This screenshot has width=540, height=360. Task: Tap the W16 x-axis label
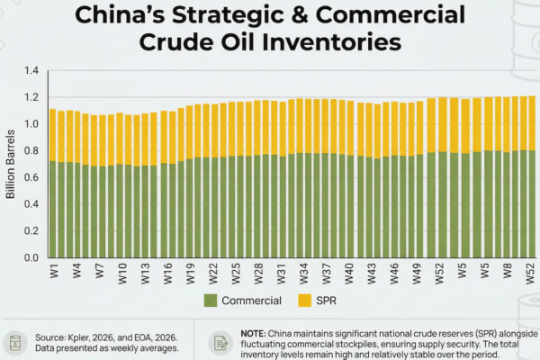coord(166,271)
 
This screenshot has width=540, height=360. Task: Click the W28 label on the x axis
coord(257,271)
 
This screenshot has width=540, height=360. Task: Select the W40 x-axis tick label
coord(348,271)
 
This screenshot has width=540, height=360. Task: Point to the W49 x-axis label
coord(416,271)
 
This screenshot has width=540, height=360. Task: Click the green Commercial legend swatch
coord(211,300)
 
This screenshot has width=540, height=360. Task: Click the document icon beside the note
coord(220,343)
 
